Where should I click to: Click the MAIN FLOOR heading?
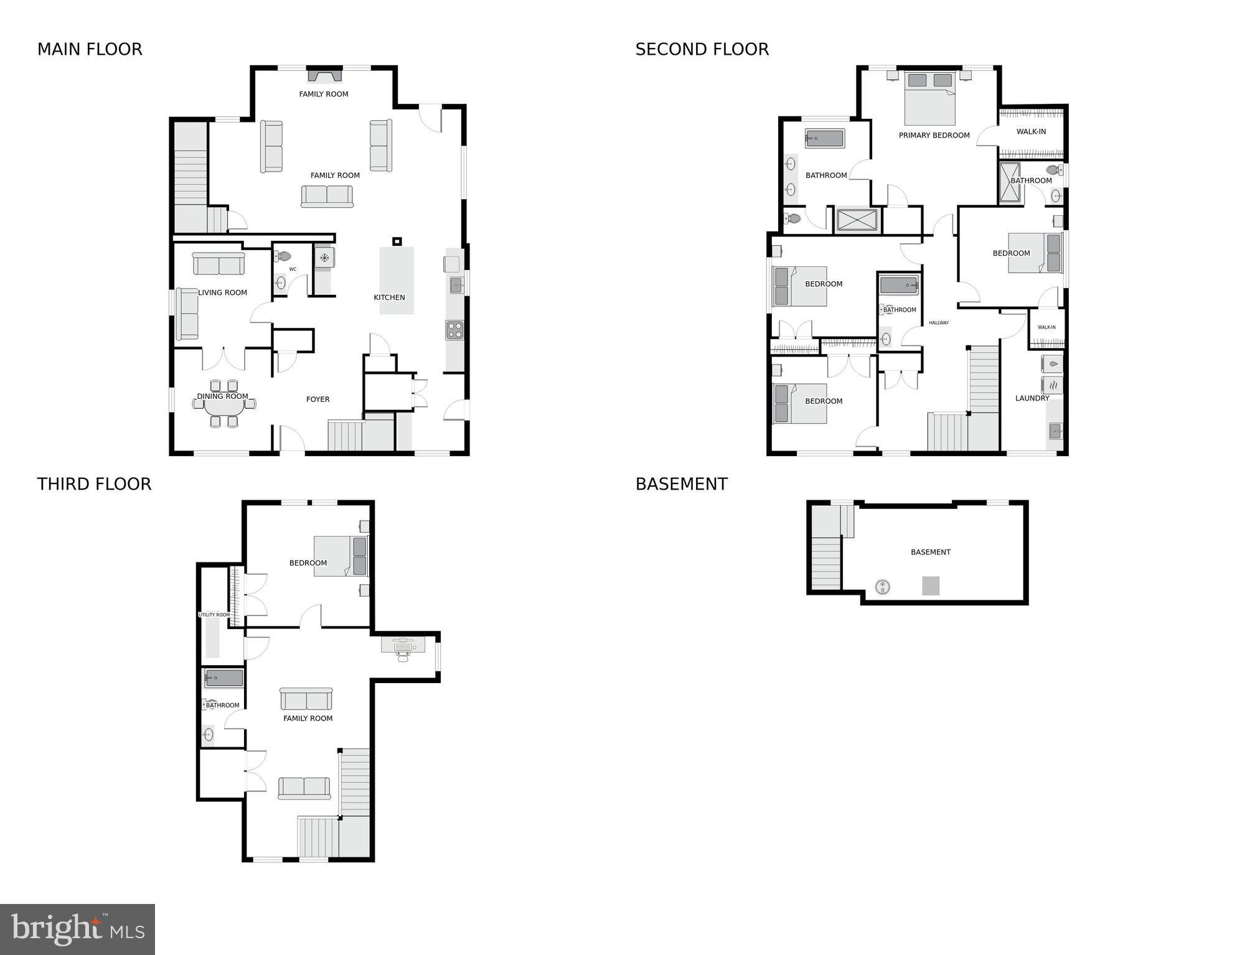pyautogui.click(x=90, y=49)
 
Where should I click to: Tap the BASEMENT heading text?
pyautogui.click(x=681, y=484)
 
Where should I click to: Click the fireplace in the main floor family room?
pyautogui.click(x=324, y=75)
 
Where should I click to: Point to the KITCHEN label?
pyautogui.click(x=389, y=297)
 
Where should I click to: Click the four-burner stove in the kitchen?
pyautogui.click(x=454, y=330)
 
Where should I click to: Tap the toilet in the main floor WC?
pyautogui.click(x=282, y=256)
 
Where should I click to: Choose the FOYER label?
pyautogui.click(x=317, y=399)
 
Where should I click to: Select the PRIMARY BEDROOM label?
pyautogui.click(x=934, y=135)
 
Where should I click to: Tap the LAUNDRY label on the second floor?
pyautogui.click(x=1032, y=398)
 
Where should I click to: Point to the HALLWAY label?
pyautogui.click(x=938, y=323)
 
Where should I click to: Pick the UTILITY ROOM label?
pyautogui.click(x=214, y=615)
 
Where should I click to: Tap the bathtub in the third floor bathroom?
pyautogui.click(x=224, y=678)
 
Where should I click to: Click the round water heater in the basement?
pyautogui.click(x=882, y=586)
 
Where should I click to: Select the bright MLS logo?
pyautogui.click(x=77, y=929)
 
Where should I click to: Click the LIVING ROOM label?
pyautogui.click(x=222, y=292)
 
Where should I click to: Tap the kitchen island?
pyautogui.click(x=397, y=281)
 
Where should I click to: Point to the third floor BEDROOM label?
pyautogui.click(x=308, y=563)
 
